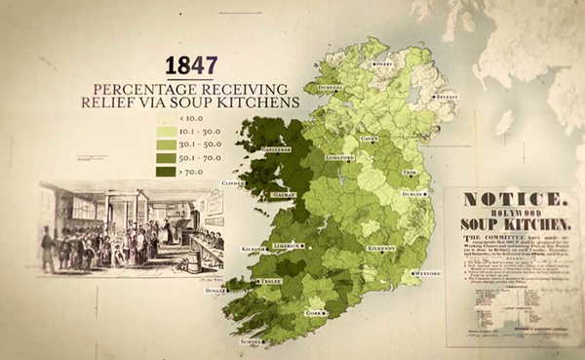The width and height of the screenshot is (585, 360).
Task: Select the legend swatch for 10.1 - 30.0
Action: click(x=165, y=131)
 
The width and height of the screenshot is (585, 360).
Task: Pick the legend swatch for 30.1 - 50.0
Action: click(x=165, y=144)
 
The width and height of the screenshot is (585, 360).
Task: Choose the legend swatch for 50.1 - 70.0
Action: click(x=165, y=157)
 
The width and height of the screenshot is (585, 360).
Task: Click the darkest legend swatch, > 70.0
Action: click(x=165, y=171)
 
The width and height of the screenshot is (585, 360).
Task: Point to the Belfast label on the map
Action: click(x=447, y=98)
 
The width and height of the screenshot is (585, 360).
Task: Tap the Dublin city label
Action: click(x=411, y=194)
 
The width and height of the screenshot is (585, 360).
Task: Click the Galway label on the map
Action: click(x=284, y=194)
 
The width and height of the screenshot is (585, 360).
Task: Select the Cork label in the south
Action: click(x=314, y=313)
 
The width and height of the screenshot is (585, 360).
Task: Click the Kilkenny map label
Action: click(x=381, y=248)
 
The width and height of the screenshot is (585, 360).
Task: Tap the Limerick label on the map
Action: click(x=286, y=245)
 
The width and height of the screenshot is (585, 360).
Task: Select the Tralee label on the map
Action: click(x=269, y=281)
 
